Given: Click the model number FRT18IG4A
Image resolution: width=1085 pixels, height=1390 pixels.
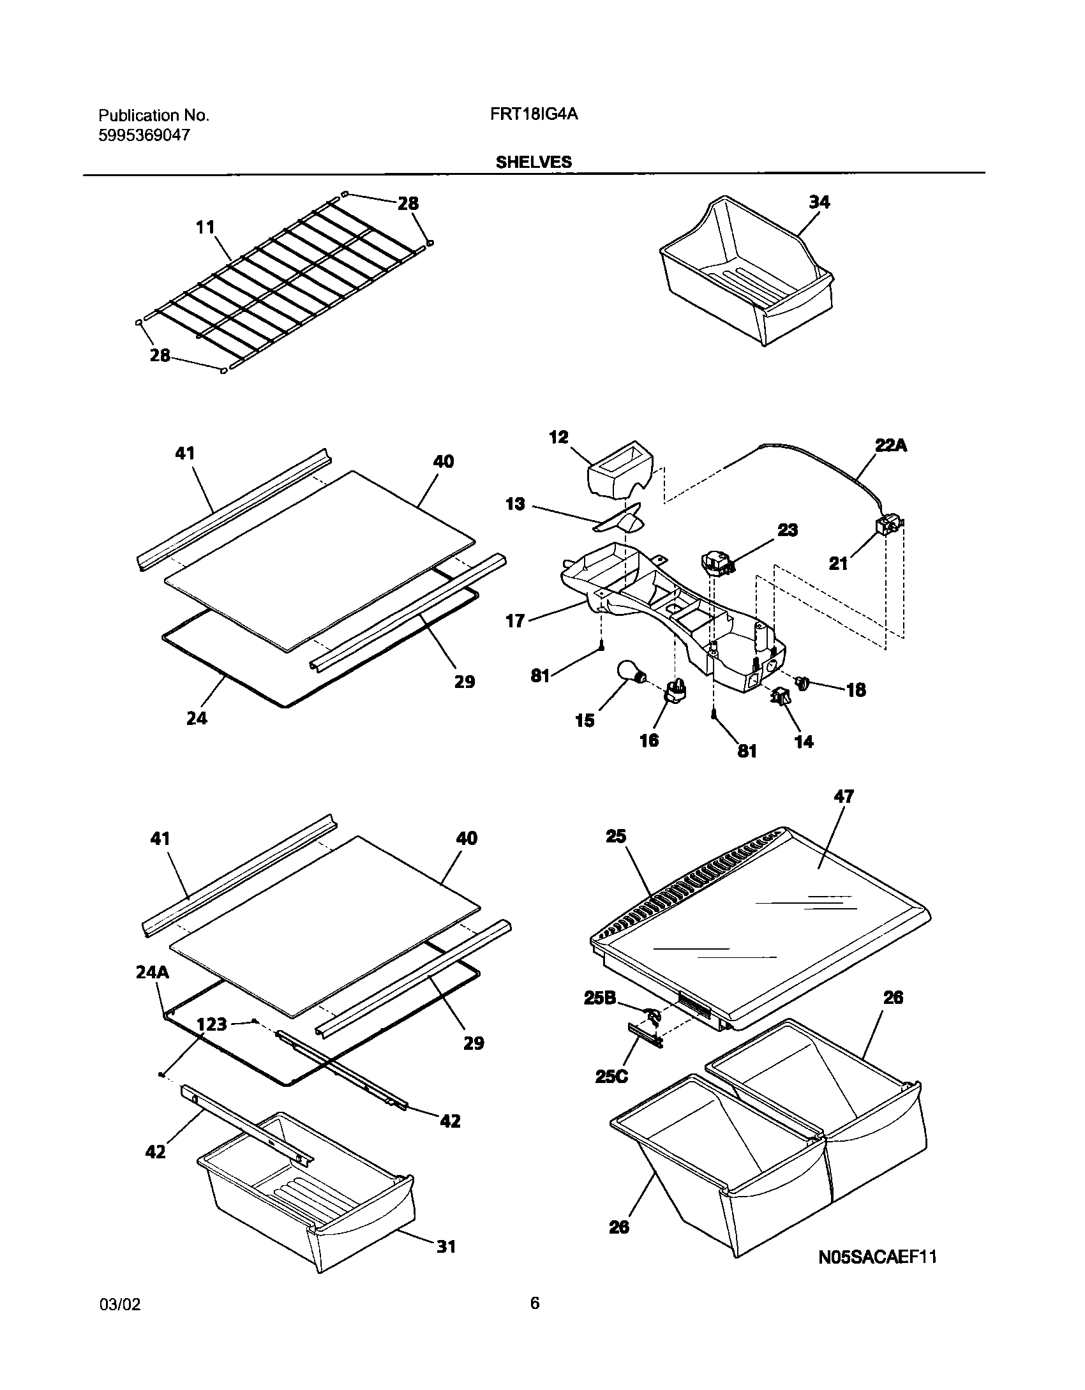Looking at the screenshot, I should coord(535,115).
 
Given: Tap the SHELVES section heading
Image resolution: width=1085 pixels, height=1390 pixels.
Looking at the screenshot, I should coord(534,162).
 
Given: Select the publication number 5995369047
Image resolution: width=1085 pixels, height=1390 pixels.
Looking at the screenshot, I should coord(144,135).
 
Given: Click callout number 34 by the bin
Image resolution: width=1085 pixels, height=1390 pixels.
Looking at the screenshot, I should coord(819,202).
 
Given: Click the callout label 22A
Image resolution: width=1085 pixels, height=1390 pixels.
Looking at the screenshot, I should coord(890,445).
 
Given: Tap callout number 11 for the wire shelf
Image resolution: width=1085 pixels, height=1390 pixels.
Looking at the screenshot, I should coord(206,227).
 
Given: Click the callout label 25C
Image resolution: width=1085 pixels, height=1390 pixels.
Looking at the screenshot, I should coord(611,1077).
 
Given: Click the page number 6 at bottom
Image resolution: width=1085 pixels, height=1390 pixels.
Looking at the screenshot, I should coord(535,1303).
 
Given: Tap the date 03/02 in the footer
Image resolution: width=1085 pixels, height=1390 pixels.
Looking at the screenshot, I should coord(119,1305).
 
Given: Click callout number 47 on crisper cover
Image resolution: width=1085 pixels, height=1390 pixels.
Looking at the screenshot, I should coord(844,796).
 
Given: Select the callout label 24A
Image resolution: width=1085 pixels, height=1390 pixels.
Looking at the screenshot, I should coord(152,973).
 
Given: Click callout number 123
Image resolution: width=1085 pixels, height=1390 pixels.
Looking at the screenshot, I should coord(212,1024).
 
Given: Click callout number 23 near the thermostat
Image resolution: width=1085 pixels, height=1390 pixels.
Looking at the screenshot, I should coord(788,530).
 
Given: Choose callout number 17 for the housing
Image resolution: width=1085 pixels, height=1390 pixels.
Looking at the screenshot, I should coord(515,620).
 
